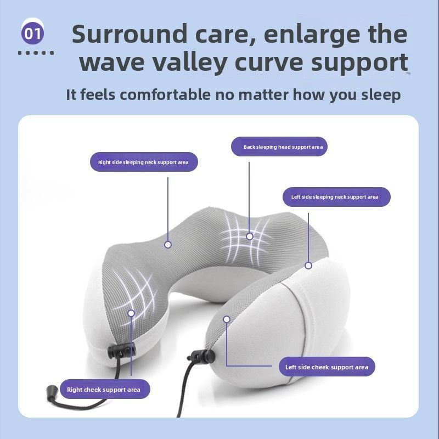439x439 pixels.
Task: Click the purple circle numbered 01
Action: pos(33,33)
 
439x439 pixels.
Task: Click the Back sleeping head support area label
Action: pos(283,147)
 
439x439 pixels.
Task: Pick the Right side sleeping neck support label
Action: pos(143,162)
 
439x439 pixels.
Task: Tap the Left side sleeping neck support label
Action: pos(334,197)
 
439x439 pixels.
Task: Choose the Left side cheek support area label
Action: pos(327,367)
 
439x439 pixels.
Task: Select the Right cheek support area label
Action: pos(104,390)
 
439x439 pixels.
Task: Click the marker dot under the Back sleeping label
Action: pos(250,237)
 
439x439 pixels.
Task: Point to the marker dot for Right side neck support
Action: pos(168,245)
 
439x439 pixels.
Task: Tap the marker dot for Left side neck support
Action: pos(308,266)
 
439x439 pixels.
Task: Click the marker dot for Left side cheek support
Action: pos(226,319)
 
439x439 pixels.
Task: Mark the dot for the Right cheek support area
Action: pos(131,313)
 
